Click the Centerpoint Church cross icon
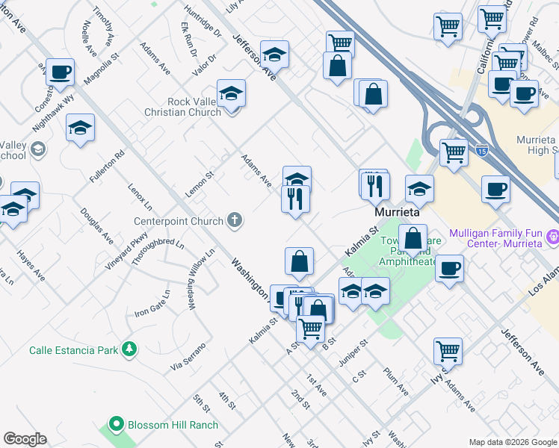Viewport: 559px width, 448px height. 235,220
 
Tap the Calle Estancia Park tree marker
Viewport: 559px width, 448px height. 129,349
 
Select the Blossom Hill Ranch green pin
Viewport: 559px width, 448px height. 115,424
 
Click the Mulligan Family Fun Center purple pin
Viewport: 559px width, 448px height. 552,237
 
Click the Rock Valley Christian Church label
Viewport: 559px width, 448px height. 183,107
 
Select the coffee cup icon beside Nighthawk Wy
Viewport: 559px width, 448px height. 61,72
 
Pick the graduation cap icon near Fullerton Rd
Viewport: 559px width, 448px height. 80,128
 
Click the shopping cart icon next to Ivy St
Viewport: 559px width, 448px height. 448,349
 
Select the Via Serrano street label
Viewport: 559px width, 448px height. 187,357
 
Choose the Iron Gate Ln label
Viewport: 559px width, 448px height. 152,305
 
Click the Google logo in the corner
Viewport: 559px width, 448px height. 25,439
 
